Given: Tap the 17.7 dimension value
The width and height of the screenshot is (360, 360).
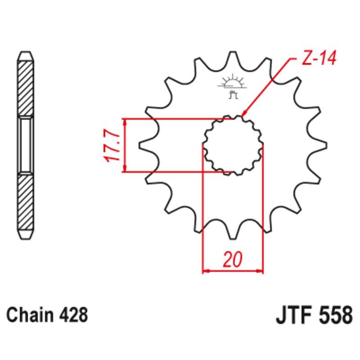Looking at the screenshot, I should [x=112, y=145].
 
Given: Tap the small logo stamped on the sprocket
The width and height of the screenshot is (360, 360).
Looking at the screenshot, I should [x=232, y=85].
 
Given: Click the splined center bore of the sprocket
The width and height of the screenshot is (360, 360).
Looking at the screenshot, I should [x=233, y=145].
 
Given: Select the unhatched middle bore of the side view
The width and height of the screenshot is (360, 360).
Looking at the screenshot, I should [x=25, y=145].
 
